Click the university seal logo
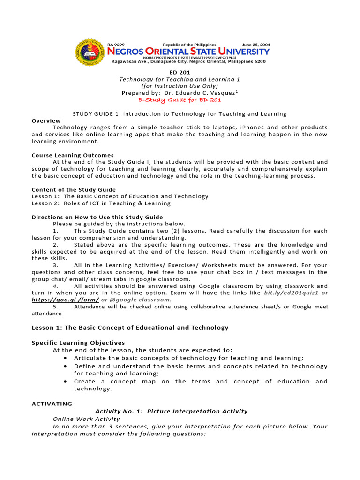click(x=91, y=52)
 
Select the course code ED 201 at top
click(x=180, y=73)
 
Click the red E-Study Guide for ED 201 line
click(x=180, y=100)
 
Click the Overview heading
click(x=46, y=121)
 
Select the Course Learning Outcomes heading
click(x=73, y=155)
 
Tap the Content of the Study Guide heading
click(x=74, y=190)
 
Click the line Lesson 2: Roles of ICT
click(x=101, y=203)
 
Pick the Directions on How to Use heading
click(x=97, y=217)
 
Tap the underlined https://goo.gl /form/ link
click(x=65, y=300)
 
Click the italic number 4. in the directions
click(x=55, y=286)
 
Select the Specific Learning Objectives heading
click(x=78, y=343)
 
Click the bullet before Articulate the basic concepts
click(x=64, y=358)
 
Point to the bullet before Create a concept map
click(x=64, y=382)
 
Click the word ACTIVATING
click(x=52, y=404)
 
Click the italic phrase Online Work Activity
click(x=86, y=419)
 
